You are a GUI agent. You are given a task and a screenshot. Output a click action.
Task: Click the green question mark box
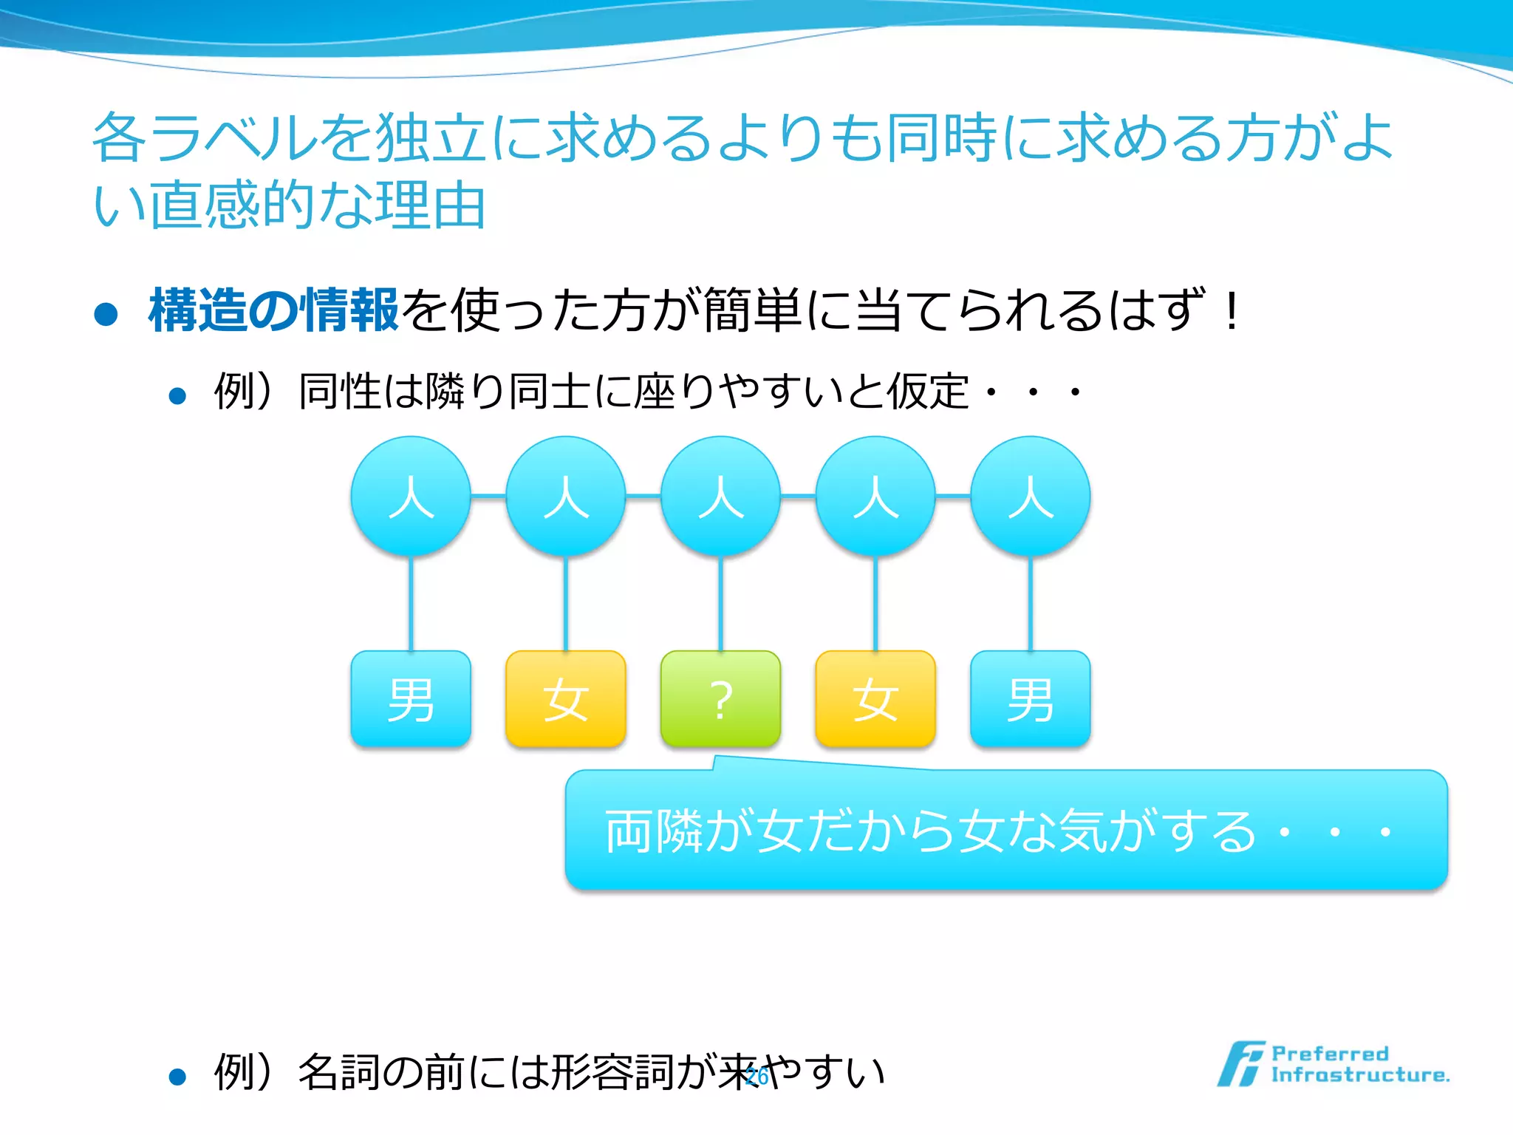pos(720,699)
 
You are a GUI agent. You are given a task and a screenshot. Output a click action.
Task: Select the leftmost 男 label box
pos(411,699)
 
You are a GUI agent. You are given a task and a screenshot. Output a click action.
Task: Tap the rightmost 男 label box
pos(1030,699)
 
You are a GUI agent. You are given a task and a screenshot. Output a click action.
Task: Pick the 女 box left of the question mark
pos(566,699)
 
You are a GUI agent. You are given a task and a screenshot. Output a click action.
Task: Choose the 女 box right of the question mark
pos(875,699)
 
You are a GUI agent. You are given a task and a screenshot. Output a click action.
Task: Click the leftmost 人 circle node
pos(411,496)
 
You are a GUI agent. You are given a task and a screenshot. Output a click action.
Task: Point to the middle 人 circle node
pos(720,496)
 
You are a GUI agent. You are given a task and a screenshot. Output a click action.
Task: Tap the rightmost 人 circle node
pos(1030,496)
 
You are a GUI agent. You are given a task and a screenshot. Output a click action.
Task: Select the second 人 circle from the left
pos(566,496)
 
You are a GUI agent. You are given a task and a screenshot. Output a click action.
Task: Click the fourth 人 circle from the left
pos(875,496)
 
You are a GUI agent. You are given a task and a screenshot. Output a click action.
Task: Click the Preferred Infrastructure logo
pos(1333,1064)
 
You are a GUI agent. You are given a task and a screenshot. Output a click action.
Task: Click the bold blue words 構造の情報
pos(273,310)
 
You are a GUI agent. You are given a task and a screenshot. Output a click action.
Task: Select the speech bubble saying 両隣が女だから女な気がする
pos(1005,831)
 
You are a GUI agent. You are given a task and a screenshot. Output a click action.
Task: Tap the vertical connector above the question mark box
pos(720,603)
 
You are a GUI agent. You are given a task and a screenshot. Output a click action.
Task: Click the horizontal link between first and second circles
pos(488,496)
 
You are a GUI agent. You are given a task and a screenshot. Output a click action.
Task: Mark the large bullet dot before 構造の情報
pos(106,314)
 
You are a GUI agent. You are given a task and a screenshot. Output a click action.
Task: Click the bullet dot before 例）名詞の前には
pos(177,1077)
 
